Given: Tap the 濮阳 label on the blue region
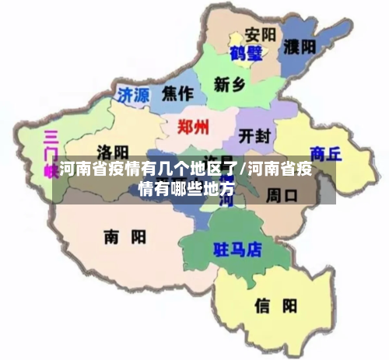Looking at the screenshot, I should tap(300, 46).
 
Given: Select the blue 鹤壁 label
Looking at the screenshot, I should tap(247, 54).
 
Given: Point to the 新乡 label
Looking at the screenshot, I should tap(232, 84).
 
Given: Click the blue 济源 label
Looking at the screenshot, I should tap(133, 95).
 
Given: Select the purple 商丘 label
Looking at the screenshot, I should tap(325, 152).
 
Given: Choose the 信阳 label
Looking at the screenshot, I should tap(276, 306).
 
